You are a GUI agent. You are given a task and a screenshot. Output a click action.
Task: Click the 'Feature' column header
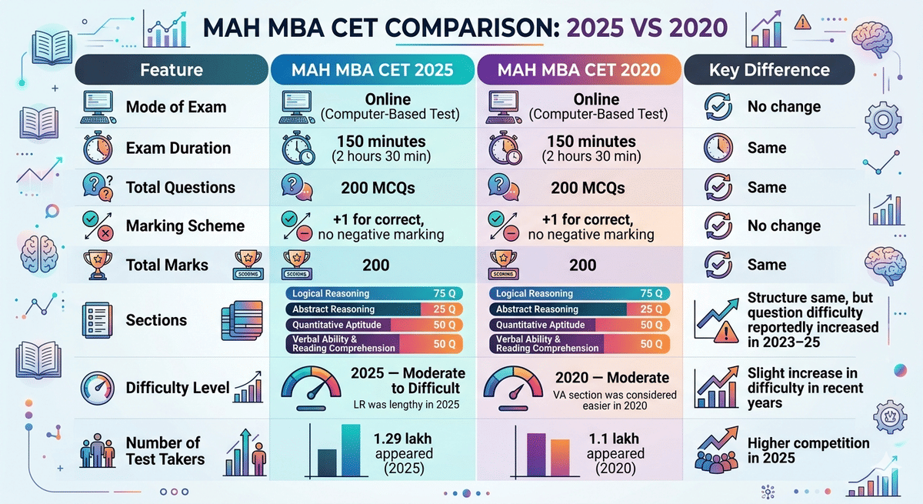pos(171,70)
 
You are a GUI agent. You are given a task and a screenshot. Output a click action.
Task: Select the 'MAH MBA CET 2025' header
pos(372,70)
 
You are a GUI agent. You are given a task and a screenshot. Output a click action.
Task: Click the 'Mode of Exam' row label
pos(175,107)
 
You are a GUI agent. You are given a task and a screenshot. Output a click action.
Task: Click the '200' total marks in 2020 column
pos(583,265)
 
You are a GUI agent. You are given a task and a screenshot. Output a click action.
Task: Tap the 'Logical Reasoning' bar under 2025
pos(374,293)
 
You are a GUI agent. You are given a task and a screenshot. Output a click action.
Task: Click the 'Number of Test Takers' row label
pos(163,451)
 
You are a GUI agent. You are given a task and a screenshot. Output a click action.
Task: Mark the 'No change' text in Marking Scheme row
pos(784,226)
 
